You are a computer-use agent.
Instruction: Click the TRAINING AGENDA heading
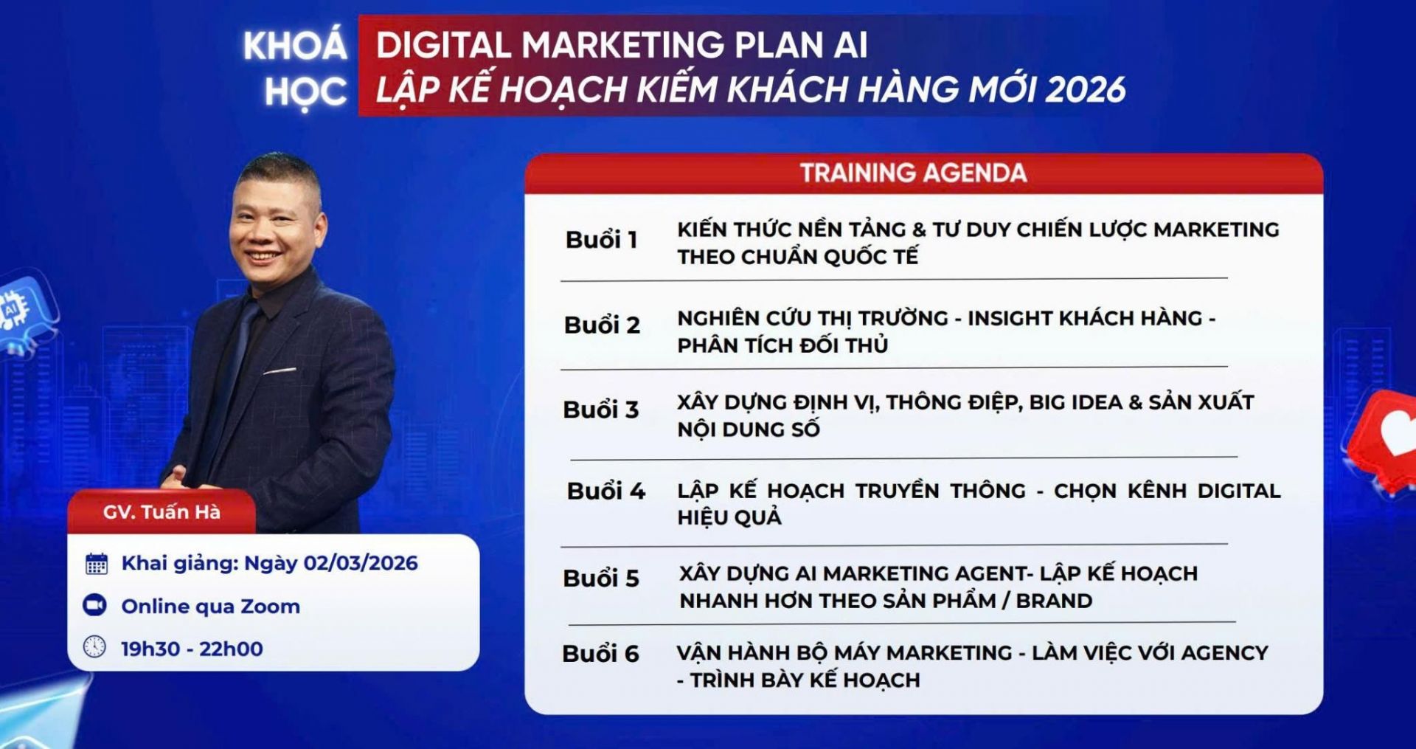913,173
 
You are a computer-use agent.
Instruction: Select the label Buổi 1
601,241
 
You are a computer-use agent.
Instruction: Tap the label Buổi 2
602,325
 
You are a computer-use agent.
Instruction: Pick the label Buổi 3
600,410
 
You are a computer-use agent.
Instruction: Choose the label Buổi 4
605,491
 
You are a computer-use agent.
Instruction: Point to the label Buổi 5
600,579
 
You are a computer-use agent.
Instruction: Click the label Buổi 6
600,654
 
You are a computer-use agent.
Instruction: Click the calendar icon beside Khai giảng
97,564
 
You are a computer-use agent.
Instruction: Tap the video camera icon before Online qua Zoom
95,606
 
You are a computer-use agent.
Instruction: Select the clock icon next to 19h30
94,647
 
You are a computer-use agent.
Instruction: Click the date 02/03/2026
361,563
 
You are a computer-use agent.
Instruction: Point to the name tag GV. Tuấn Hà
162,512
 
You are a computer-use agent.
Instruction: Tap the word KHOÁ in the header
295,46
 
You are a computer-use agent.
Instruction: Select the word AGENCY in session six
1224,653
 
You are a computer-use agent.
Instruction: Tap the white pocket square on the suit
280,370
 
